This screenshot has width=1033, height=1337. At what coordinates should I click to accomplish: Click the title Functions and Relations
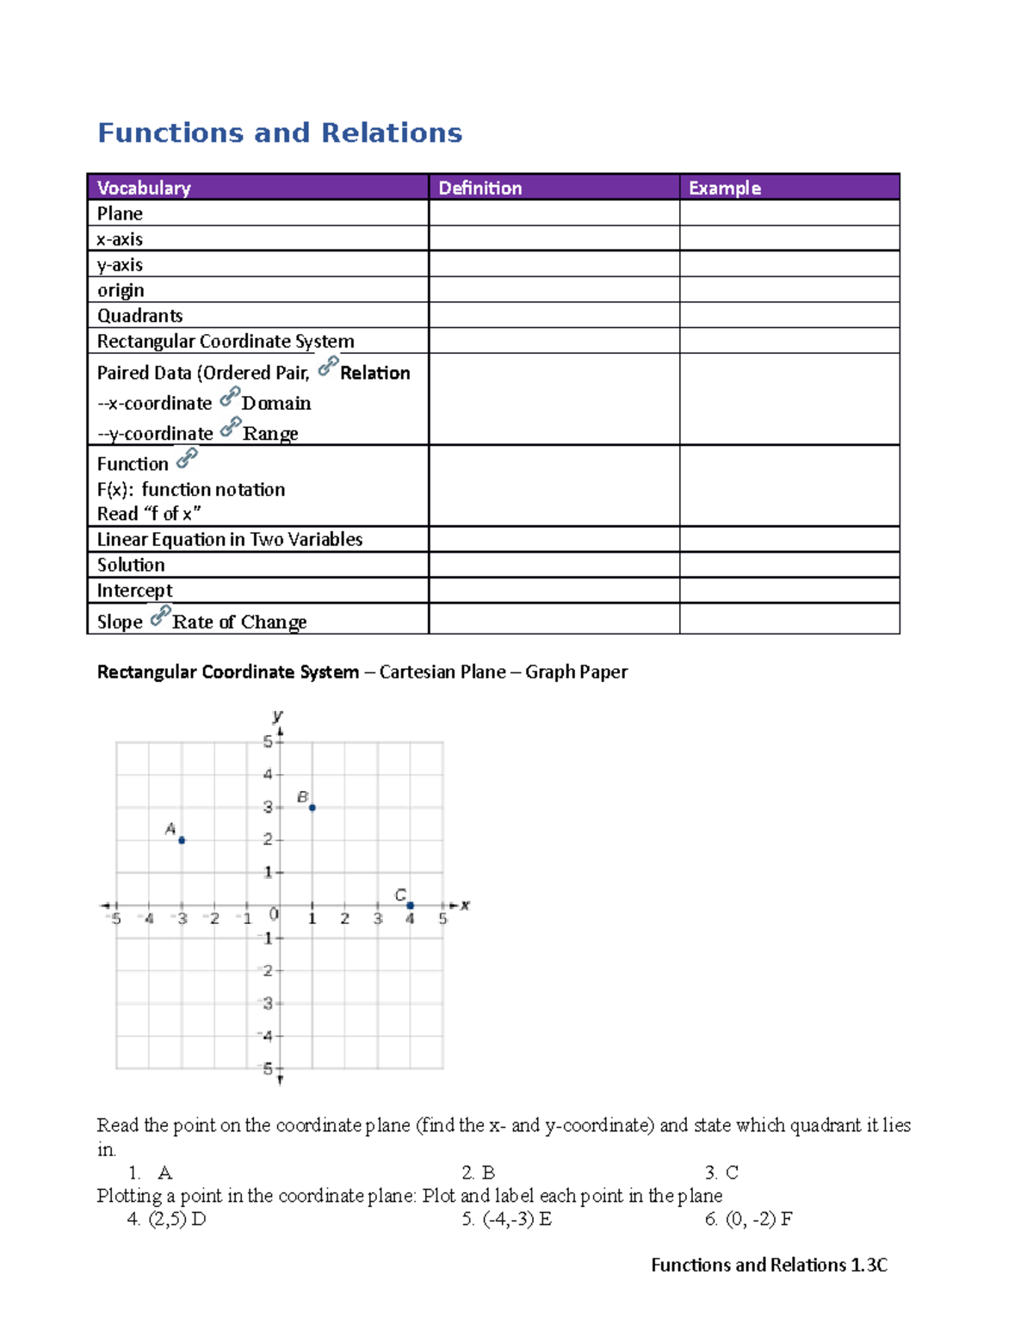[x=280, y=133]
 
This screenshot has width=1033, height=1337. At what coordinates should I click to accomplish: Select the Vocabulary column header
[x=144, y=188]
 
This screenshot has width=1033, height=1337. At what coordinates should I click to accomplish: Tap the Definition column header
[x=479, y=188]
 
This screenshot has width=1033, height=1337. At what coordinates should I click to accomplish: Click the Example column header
[x=724, y=188]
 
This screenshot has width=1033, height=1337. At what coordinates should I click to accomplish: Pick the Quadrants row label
[x=139, y=315]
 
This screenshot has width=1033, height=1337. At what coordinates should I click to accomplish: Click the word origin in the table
[x=121, y=290]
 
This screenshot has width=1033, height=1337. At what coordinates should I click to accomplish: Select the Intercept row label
[x=134, y=591]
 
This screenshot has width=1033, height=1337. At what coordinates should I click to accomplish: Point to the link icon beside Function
[x=187, y=458]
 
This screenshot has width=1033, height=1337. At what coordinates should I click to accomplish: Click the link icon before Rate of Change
[x=160, y=616]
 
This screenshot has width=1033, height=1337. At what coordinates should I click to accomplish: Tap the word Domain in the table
[x=276, y=403]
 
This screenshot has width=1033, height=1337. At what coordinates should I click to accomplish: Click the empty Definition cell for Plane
[x=554, y=213]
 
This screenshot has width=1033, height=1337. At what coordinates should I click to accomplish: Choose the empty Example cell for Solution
[x=789, y=565]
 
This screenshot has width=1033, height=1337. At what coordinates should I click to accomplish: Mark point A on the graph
[x=182, y=840]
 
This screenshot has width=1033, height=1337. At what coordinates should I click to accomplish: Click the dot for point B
[x=312, y=808]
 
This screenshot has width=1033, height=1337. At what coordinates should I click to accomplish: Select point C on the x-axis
[x=411, y=906]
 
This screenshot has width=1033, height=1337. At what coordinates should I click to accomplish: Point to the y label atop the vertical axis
[x=277, y=715]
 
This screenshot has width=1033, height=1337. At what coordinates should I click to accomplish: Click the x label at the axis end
[x=465, y=905]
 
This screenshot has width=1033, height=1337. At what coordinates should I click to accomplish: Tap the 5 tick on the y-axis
[x=268, y=742]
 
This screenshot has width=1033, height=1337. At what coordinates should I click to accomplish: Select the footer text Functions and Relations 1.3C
[x=769, y=1265]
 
